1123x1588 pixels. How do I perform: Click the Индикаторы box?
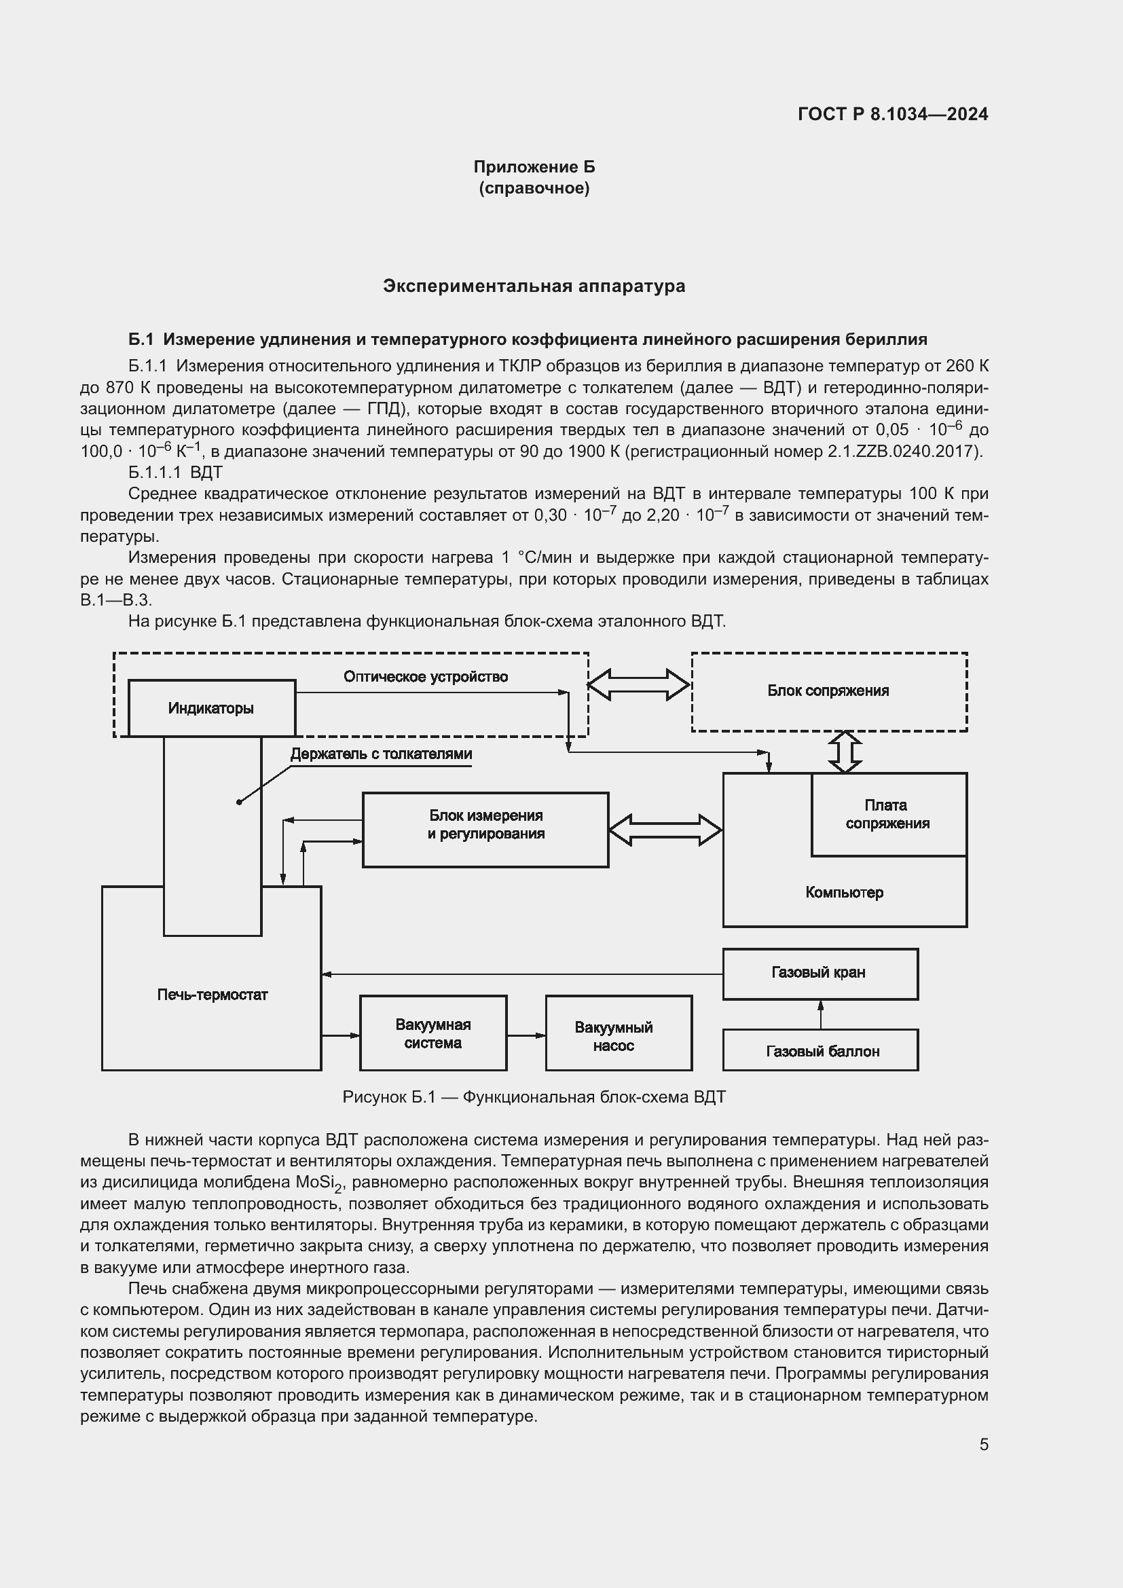(212, 708)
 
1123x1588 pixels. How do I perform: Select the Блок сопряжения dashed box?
(828, 691)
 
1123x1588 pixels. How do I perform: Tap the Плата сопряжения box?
(888, 814)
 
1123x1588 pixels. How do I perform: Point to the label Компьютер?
(844, 893)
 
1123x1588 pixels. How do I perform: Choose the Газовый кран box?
(820, 973)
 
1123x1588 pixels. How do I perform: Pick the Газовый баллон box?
(820, 1050)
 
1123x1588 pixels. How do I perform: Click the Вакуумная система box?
(433, 1033)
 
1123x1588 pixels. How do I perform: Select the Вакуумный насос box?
(619, 1033)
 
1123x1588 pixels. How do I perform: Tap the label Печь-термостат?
(213, 995)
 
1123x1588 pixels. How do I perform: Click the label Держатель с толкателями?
(381, 754)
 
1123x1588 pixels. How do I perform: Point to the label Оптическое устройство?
(425, 676)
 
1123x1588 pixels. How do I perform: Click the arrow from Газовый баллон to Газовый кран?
(820, 1014)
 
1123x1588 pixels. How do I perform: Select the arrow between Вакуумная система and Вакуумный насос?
(526, 1035)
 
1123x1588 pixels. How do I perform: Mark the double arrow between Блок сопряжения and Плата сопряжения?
(845, 752)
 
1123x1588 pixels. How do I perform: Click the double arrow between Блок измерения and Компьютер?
(665, 830)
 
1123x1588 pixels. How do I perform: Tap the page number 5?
(983, 1444)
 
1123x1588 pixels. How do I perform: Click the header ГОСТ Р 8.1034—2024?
(892, 115)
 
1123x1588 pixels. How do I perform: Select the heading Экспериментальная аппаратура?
(534, 287)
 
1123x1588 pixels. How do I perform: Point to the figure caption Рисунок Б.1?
(534, 1098)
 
